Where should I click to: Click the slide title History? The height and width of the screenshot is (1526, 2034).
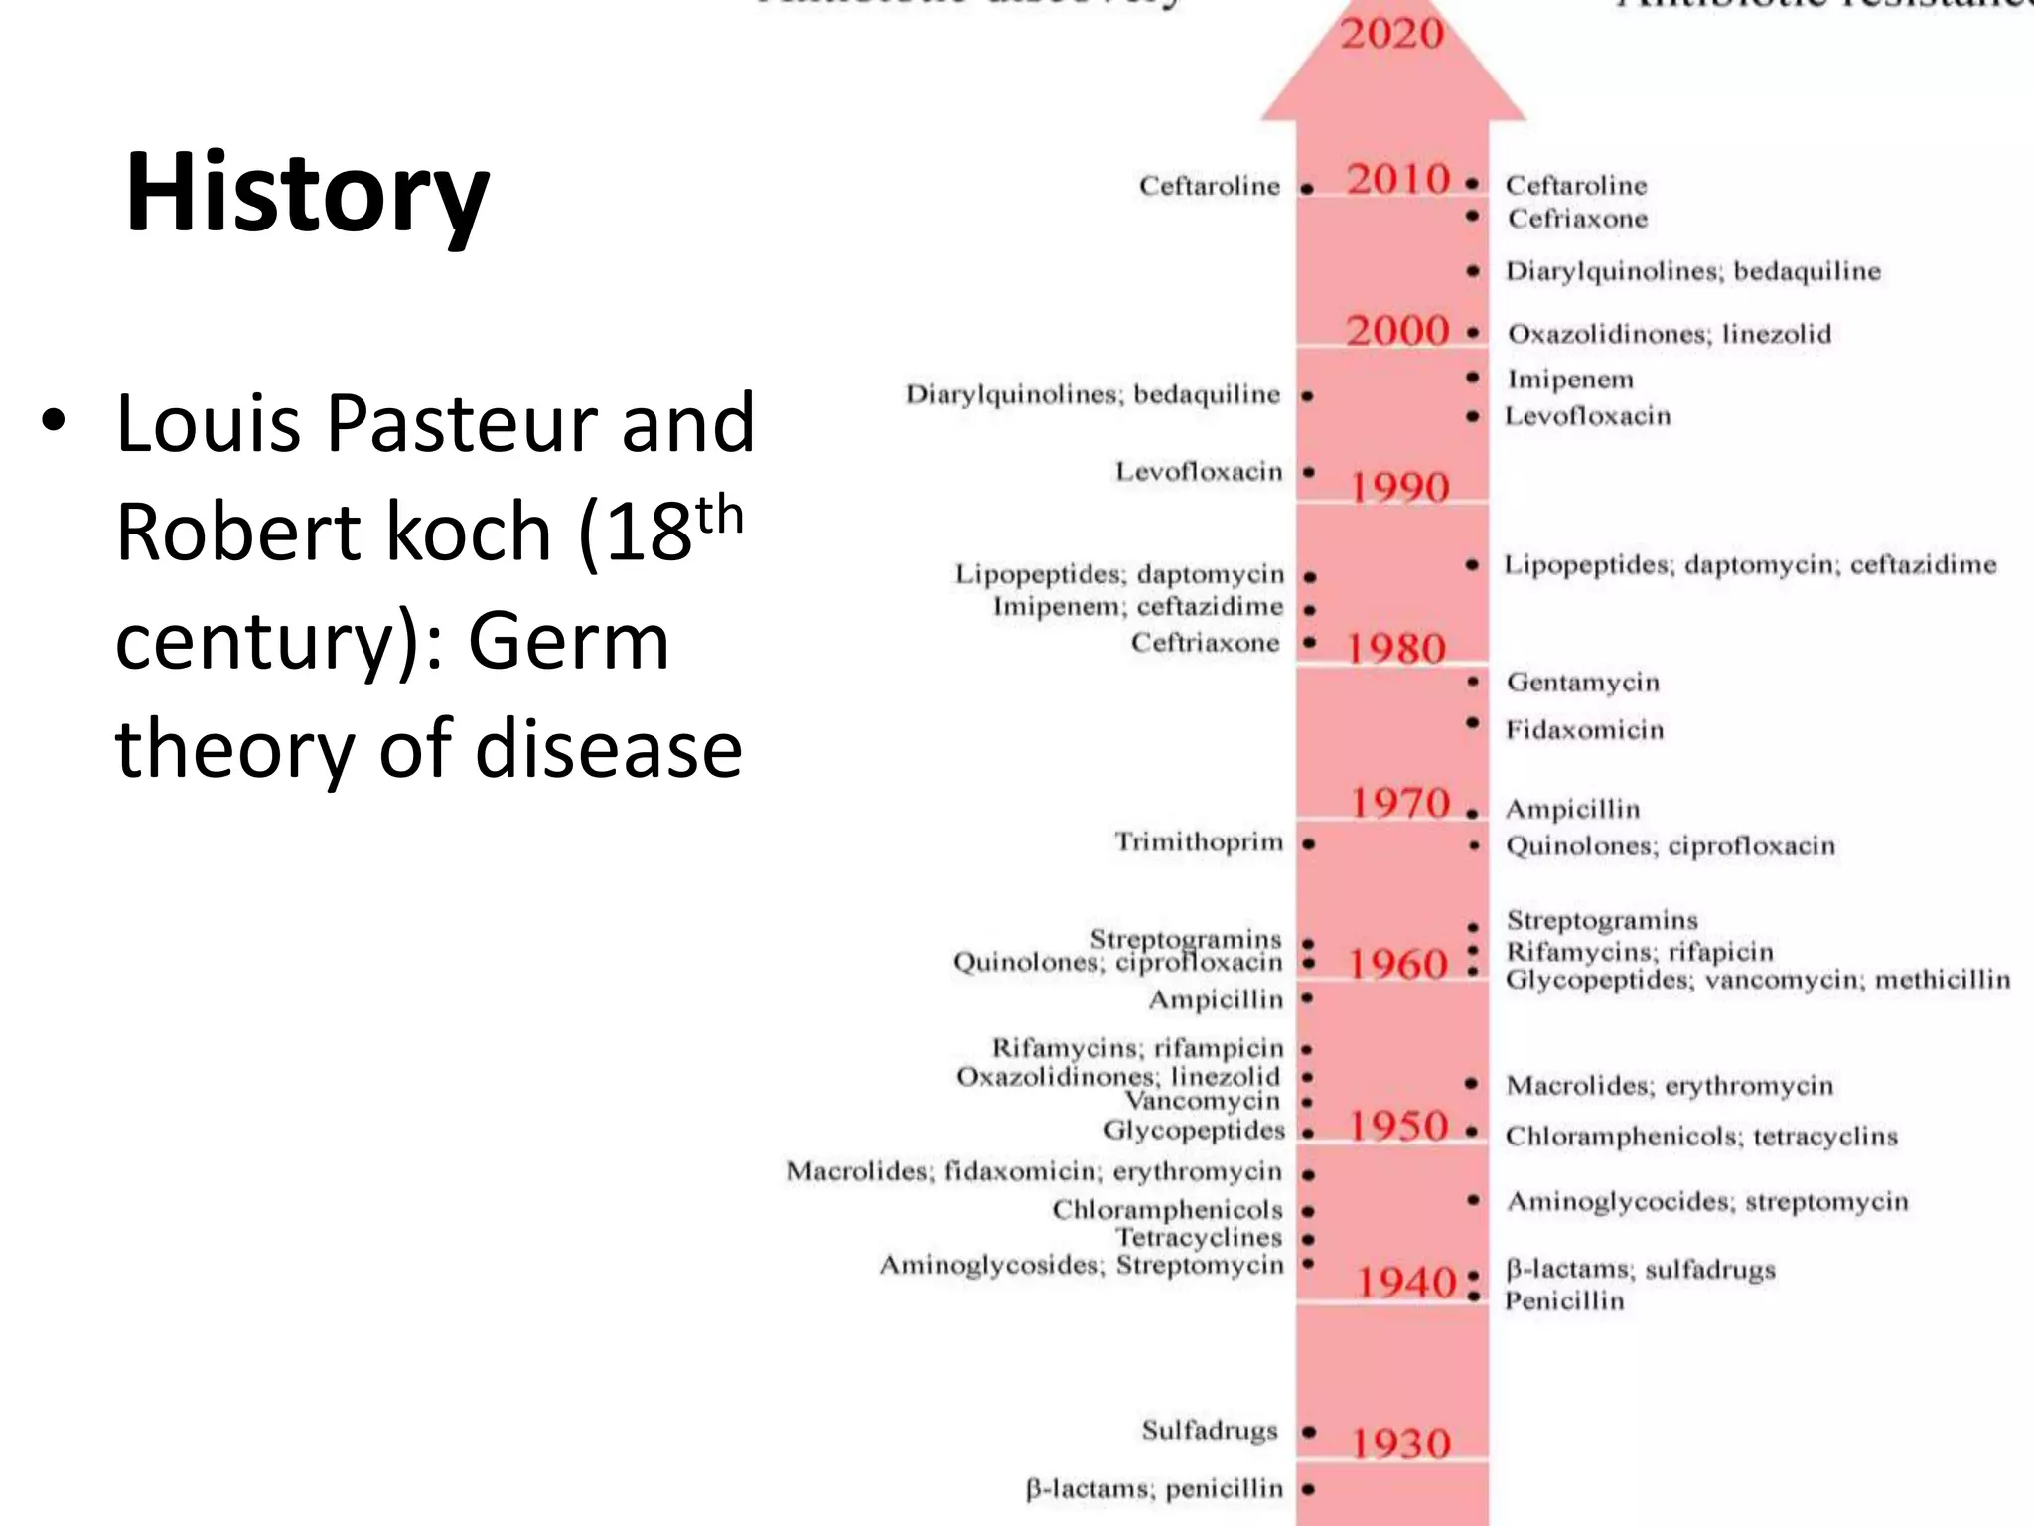click(x=307, y=193)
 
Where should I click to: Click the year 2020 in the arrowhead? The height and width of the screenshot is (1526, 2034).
click(x=1391, y=34)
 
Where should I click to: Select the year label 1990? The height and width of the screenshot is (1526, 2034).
click(x=1399, y=487)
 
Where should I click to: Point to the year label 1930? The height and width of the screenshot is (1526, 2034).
click(x=1400, y=1443)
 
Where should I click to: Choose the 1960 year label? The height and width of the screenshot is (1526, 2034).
click(x=1397, y=964)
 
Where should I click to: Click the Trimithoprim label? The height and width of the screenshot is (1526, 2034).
click(x=1199, y=842)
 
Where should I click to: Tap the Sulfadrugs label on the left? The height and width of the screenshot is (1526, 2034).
click(x=1210, y=1430)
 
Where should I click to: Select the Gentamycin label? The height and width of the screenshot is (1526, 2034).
click(x=1582, y=683)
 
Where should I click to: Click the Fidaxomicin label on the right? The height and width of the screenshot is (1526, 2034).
click(x=1584, y=730)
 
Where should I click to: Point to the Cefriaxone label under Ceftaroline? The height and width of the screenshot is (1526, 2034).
click(x=1577, y=219)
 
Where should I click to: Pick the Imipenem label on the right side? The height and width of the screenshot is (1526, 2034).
click(x=1570, y=380)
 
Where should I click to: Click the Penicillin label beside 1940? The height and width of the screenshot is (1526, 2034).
click(x=1564, y=1300)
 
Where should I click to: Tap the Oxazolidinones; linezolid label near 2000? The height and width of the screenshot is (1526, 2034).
click(x=1670, y=334)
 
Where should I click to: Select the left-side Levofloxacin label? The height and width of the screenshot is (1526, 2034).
click(x=1199, y=471)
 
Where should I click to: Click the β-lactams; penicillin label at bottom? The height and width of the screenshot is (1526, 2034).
click(x=1154, y=1488)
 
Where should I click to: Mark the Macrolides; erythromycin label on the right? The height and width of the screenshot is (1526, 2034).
click(x=1670, y=1085)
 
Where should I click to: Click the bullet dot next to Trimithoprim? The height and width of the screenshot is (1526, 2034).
click(x=1308, y=844)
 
